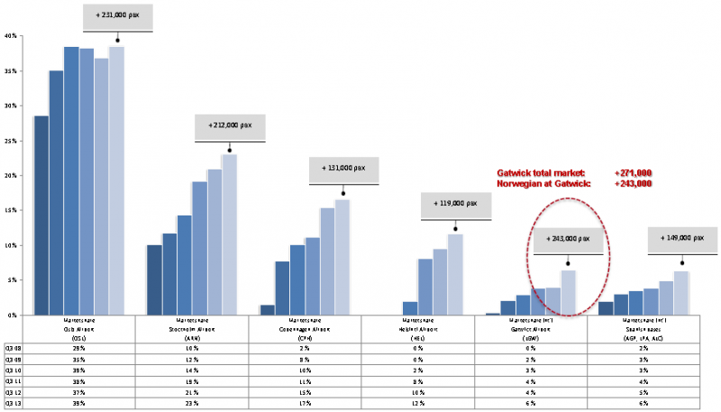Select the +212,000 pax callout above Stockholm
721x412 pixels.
pos(230,127)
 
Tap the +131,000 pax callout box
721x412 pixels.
pos(343,169)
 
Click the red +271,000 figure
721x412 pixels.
pos(633,173)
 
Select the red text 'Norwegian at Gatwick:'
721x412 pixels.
pos(543,184)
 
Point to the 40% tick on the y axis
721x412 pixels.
pos(11,36)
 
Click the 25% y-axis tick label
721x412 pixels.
pos(11,141)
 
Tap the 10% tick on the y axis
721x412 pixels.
pos(11,245)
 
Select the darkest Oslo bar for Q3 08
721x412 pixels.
pos(41,215)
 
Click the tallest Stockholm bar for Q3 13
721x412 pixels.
pos(229,234)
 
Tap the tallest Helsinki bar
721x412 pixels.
pos(455,274)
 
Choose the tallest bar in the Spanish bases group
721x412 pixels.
pos(681,293)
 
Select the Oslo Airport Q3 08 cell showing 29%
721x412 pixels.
pos(79,347)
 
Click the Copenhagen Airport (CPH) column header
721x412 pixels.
pos(305,327)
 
